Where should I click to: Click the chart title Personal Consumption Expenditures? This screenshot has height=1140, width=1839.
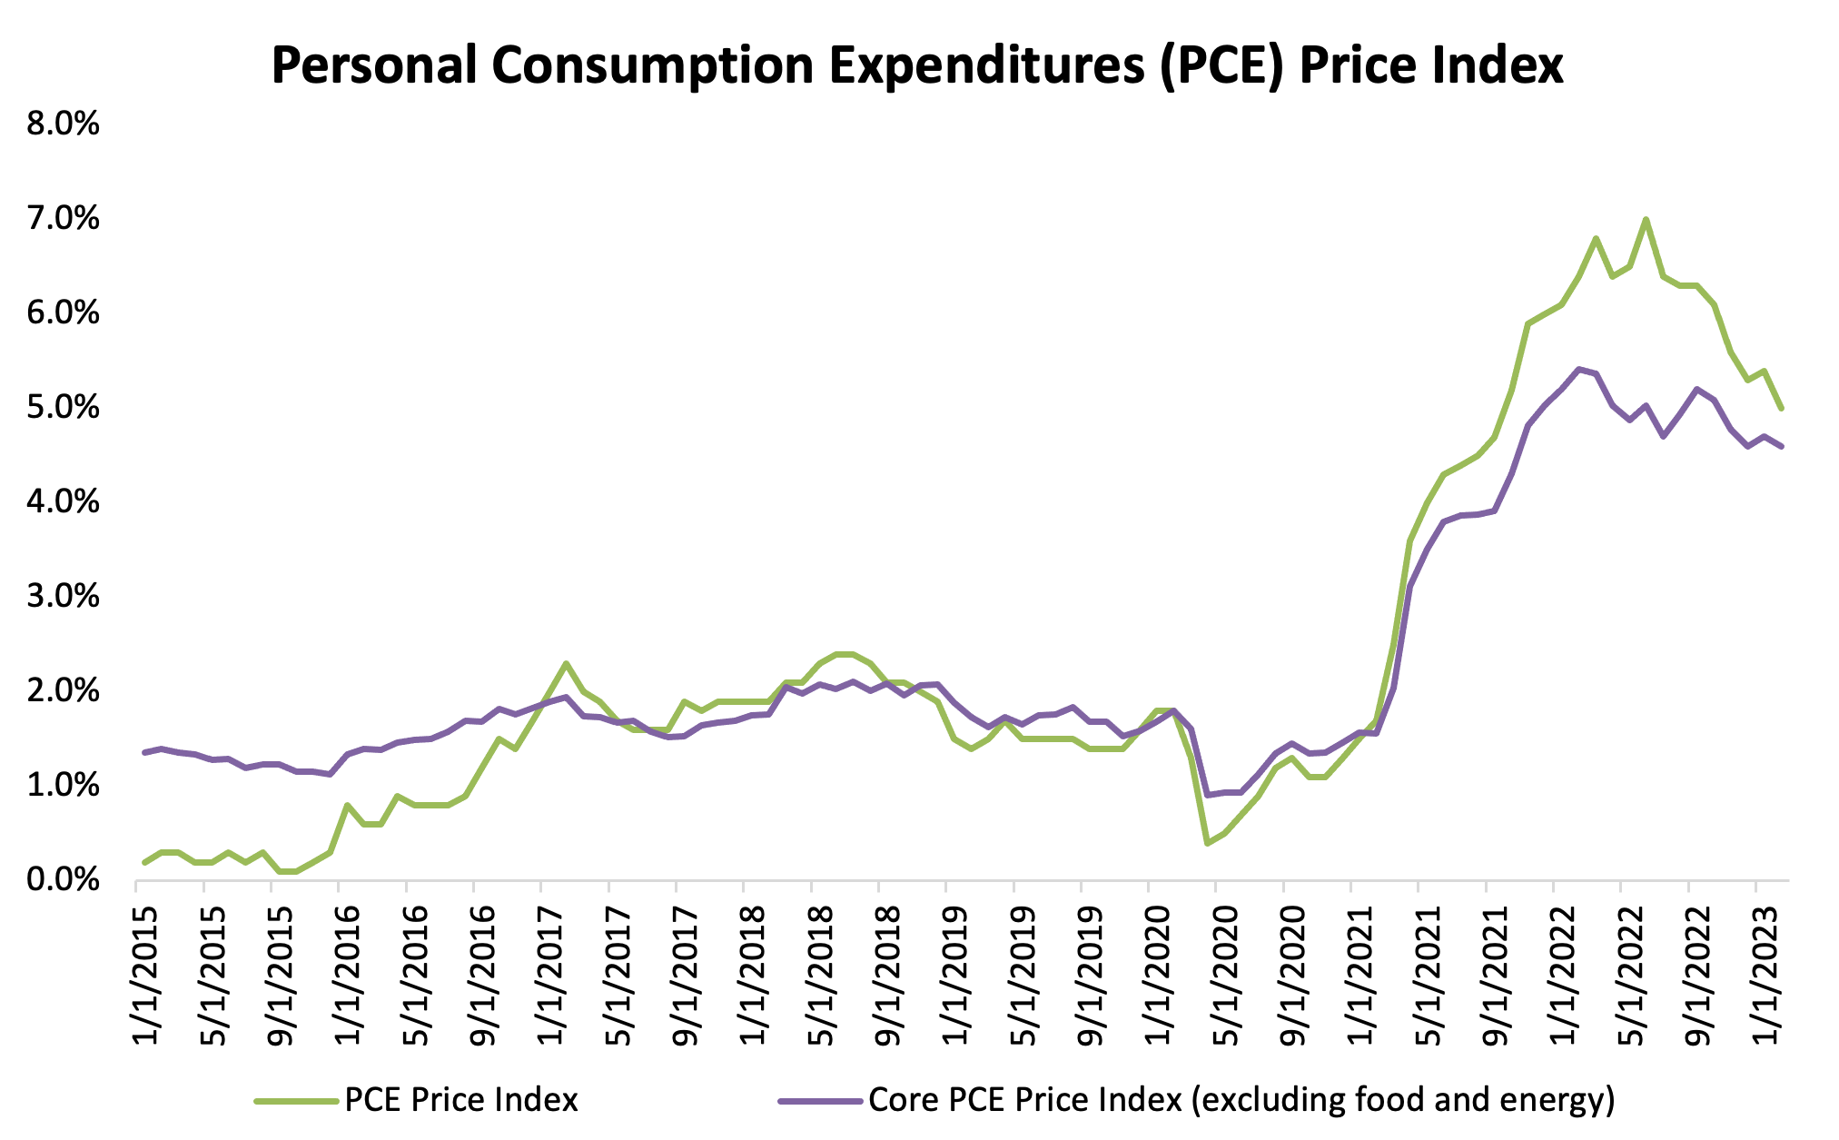[917, 65]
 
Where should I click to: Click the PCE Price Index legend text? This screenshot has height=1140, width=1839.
[461, 1100]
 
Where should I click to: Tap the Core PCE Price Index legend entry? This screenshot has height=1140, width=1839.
[1241, 1100]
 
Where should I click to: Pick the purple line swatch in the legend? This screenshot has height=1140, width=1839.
[819, 1101]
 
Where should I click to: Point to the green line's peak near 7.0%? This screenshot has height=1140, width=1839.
[1646, 219]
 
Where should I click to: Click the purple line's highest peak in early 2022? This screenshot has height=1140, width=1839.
[1578, 369]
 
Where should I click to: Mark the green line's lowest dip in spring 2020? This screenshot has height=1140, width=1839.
[1207, 844]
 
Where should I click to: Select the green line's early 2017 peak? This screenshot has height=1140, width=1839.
[566, 663]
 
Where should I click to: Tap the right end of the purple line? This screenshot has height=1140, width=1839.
[1782, 446]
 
